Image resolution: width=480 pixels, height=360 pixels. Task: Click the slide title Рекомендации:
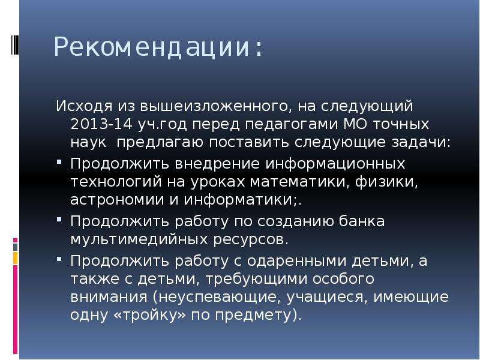tap(158, 47)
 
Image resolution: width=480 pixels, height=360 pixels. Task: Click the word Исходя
tap(84, 107)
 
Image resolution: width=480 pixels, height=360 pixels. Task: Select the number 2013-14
tap(101, 124)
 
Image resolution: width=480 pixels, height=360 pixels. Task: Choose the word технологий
tap(116, 182)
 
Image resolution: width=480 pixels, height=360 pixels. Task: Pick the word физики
tap(386, 182)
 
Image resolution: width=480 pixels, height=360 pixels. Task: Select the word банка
tap(362, 221)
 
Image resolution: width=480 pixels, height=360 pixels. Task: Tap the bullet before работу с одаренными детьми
tap(59, 259)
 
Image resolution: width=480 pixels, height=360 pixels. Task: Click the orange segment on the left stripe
tap(16, 258)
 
